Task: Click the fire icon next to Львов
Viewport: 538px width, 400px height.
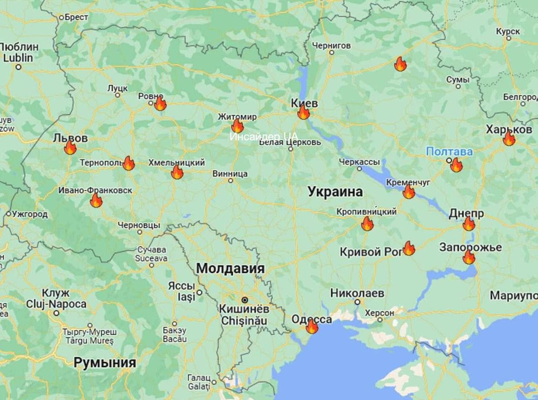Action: click(x=70, y=147)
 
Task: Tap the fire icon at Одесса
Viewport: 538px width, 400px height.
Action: click(x=312, y=327)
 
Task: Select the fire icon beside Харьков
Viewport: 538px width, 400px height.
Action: click(x=509, y=138)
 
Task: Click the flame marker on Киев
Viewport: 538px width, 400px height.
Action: click(x=303, y=112)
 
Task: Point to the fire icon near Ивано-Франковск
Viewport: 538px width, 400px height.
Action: click(x=96, y=200)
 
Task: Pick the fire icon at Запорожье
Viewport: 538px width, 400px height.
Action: click(x=469, y=257)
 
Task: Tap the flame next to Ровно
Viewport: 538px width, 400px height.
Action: click(x=160, y=104)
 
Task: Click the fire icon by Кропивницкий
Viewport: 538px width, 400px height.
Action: click(x=367, y=224)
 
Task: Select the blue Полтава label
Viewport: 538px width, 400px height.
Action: click(x=449, y=151)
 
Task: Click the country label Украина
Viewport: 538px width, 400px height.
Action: click(x=335, y=192)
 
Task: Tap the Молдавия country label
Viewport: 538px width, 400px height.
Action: click(x=230, y=268)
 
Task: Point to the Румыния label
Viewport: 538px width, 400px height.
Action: click(x=105, y=362)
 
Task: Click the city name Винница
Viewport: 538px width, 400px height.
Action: click(x=230, y=173)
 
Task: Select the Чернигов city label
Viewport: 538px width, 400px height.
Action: click(x=331, y=45)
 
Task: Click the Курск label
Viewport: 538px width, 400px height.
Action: click(x=508, y=31)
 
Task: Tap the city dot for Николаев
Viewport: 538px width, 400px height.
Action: click(x=357, y=302)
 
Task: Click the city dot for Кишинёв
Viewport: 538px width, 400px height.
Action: click(x=244, y=300)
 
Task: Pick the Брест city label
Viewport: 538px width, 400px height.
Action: click(x=76, y=17)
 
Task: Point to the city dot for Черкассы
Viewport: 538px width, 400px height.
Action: click(x=359, y=169)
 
